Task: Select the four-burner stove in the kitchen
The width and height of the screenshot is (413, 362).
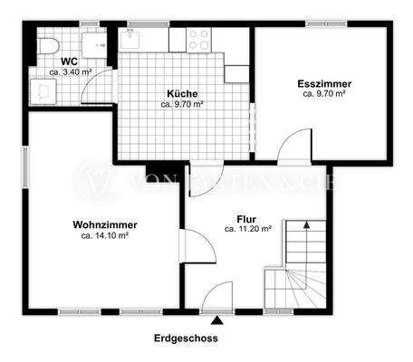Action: pyautogui.click(x=198, y=38)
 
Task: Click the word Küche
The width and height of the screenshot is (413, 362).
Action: pyautogui.click(x=181, y=94)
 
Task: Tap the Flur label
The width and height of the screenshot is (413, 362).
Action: pyautogui.click(x=246, y=219)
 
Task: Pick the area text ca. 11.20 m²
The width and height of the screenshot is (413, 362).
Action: pyautogui.click(x=247, y=230)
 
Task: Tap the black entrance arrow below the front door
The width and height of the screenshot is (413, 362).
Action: pyautogui.click(x=216, y=319)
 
